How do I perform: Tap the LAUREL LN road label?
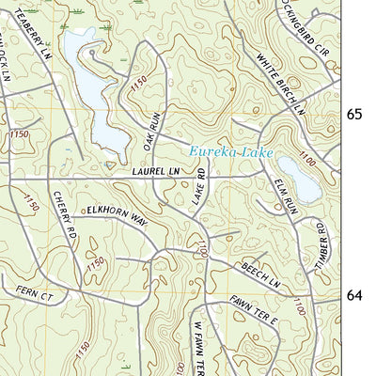(156, 173)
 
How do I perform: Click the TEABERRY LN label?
(34, 33)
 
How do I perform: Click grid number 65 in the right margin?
(354, 115)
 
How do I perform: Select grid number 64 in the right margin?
(354, 295)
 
